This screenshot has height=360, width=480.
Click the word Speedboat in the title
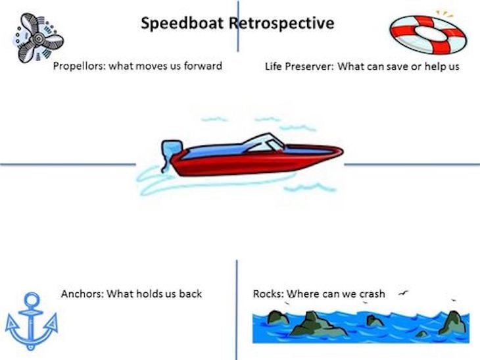point(182,24)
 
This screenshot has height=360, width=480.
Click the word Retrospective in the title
point(281,23)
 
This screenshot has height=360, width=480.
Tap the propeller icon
point(38,38)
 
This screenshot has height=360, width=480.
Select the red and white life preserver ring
point(428,34)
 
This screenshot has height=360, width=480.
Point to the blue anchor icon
point(31,322)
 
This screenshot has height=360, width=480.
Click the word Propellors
point(79,66)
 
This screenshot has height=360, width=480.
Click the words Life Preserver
point(299,66)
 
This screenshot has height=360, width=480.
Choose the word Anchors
point(82,294)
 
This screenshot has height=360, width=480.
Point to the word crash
point(372,294)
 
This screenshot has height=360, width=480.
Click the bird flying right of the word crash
point(403,294)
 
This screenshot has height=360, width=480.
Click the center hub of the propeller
point(39,39)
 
